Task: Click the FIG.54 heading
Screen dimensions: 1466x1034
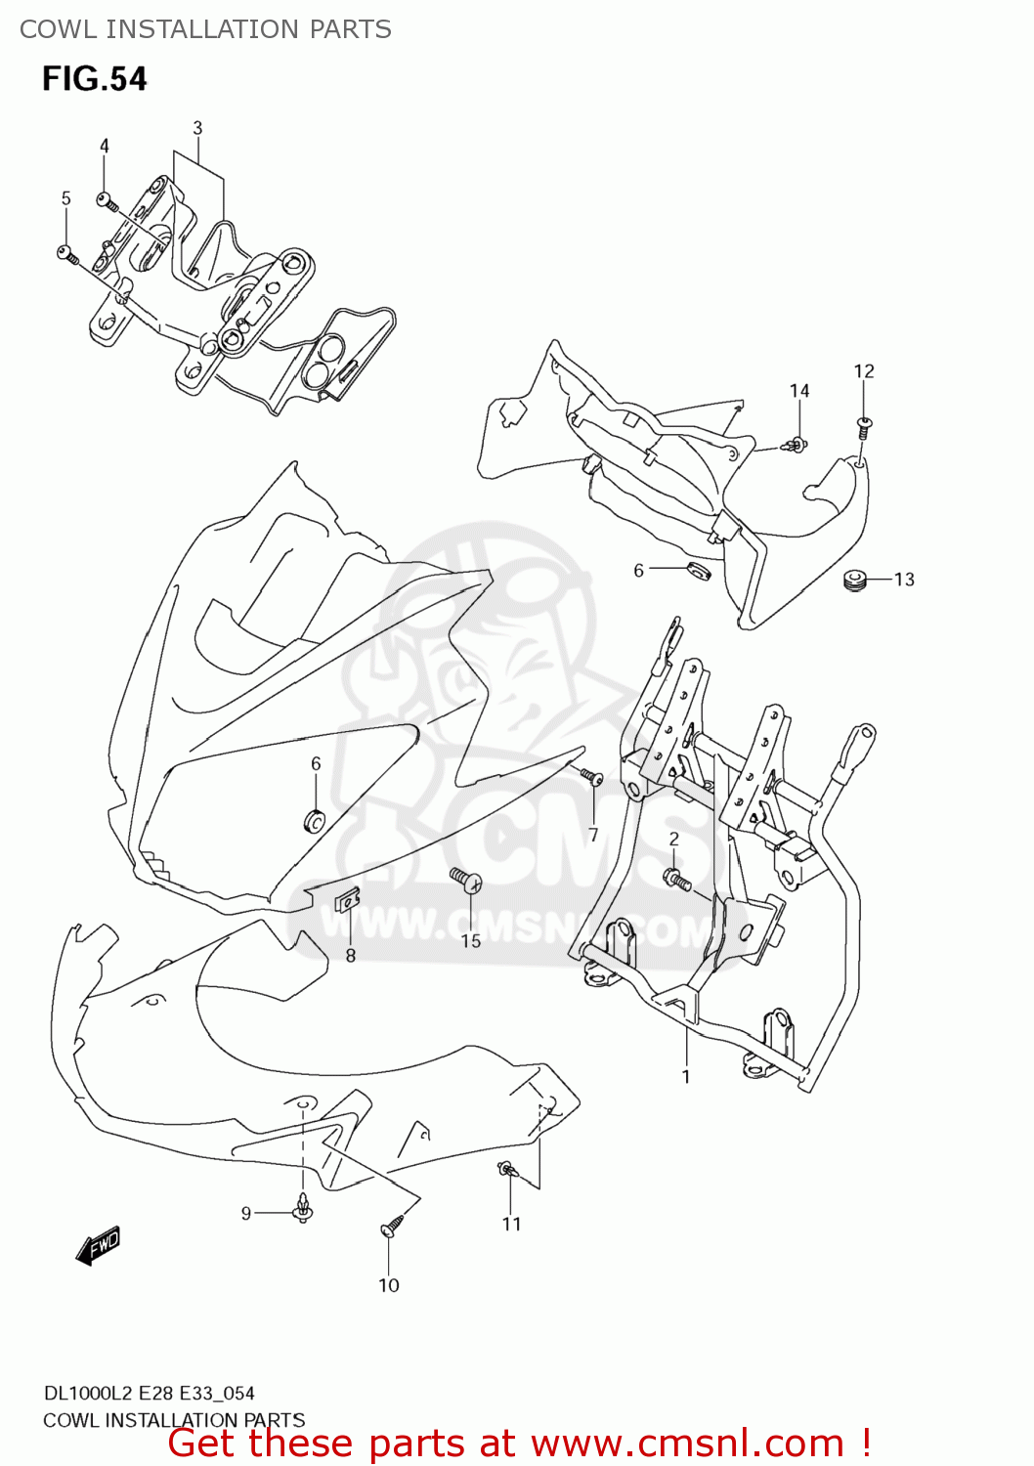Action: coord(94,78)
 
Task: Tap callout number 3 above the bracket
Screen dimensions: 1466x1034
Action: coord(197,128)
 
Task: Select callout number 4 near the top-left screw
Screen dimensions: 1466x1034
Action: coord(105,146)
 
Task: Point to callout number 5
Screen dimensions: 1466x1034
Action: coord(66,198)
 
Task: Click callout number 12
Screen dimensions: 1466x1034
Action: coord(864,371)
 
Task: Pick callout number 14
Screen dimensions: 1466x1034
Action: coord(799,391)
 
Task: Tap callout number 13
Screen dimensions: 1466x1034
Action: coord(904,580)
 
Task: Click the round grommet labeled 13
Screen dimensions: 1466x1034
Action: coord(856,580)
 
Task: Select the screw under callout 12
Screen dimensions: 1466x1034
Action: coord(864,426)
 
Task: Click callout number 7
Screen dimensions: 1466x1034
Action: coord(593,835)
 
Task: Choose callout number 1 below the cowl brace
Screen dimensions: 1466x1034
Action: coord(686,1076)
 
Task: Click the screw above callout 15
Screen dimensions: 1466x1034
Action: coord(465,880)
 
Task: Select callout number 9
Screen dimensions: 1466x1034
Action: coord(246,1213)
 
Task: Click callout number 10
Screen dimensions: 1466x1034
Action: coord(389,1285)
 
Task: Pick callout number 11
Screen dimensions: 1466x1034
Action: coord(512,1224)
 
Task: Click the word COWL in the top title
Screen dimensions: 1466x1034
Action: coord(58,29)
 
